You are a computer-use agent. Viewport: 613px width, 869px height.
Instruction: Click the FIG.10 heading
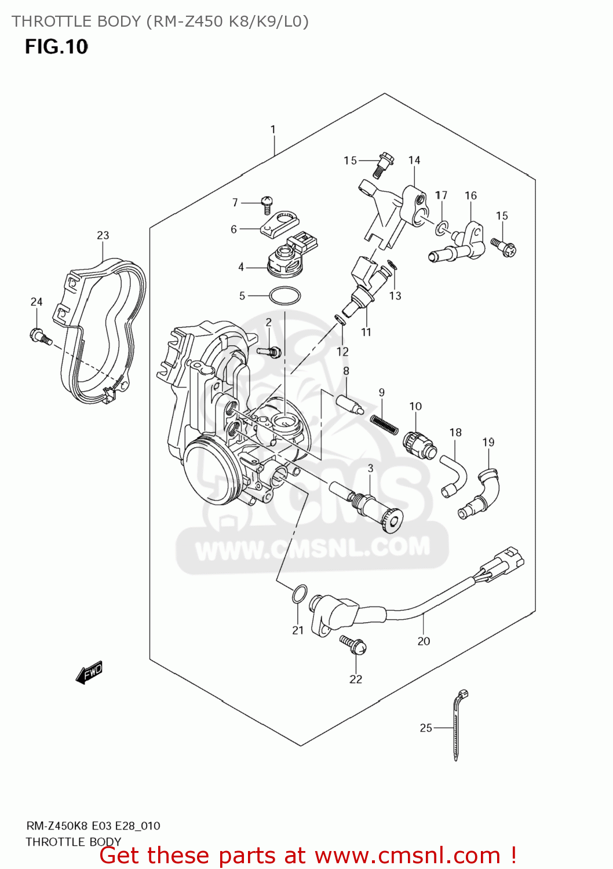pos(56,46)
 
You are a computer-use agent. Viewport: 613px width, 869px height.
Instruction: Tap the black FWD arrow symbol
pos(89,673)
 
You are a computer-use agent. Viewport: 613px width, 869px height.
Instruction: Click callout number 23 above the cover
pos(103,235)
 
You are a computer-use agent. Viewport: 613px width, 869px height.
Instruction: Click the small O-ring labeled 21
pos(298,594)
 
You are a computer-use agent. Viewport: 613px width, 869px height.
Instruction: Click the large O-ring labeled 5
pos(285,296)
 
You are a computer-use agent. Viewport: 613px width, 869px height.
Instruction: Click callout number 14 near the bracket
pos(414,160)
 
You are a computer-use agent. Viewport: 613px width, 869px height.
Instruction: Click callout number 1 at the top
pos(273,130)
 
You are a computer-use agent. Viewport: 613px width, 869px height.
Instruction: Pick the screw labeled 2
pos(269,351)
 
